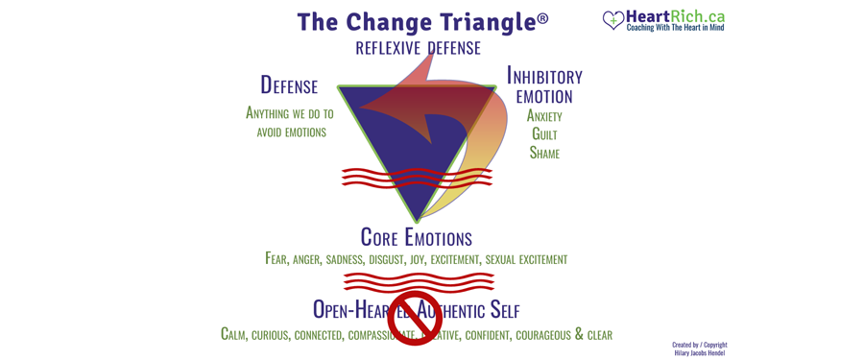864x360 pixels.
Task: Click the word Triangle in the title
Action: click(482, 22)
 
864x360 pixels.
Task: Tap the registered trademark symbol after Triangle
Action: click(542, 18)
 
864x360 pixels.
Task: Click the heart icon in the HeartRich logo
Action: click(613, 20)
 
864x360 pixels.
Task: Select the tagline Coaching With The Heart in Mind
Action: click(675, 28)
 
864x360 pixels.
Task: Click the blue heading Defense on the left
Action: click(289, 85)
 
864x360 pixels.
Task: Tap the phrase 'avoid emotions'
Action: click(291, 132)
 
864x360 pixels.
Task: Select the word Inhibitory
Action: click(544, 77)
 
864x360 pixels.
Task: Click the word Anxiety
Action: click(544, 116)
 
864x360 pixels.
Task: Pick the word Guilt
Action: click(544, 134)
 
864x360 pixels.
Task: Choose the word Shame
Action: click(544, 153)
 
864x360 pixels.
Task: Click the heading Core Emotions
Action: click(416, 237)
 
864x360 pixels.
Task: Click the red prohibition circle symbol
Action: click(414, 318)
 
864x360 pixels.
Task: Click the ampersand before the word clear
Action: click(579, 334)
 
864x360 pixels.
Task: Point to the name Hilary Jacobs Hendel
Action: click(700, 352)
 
